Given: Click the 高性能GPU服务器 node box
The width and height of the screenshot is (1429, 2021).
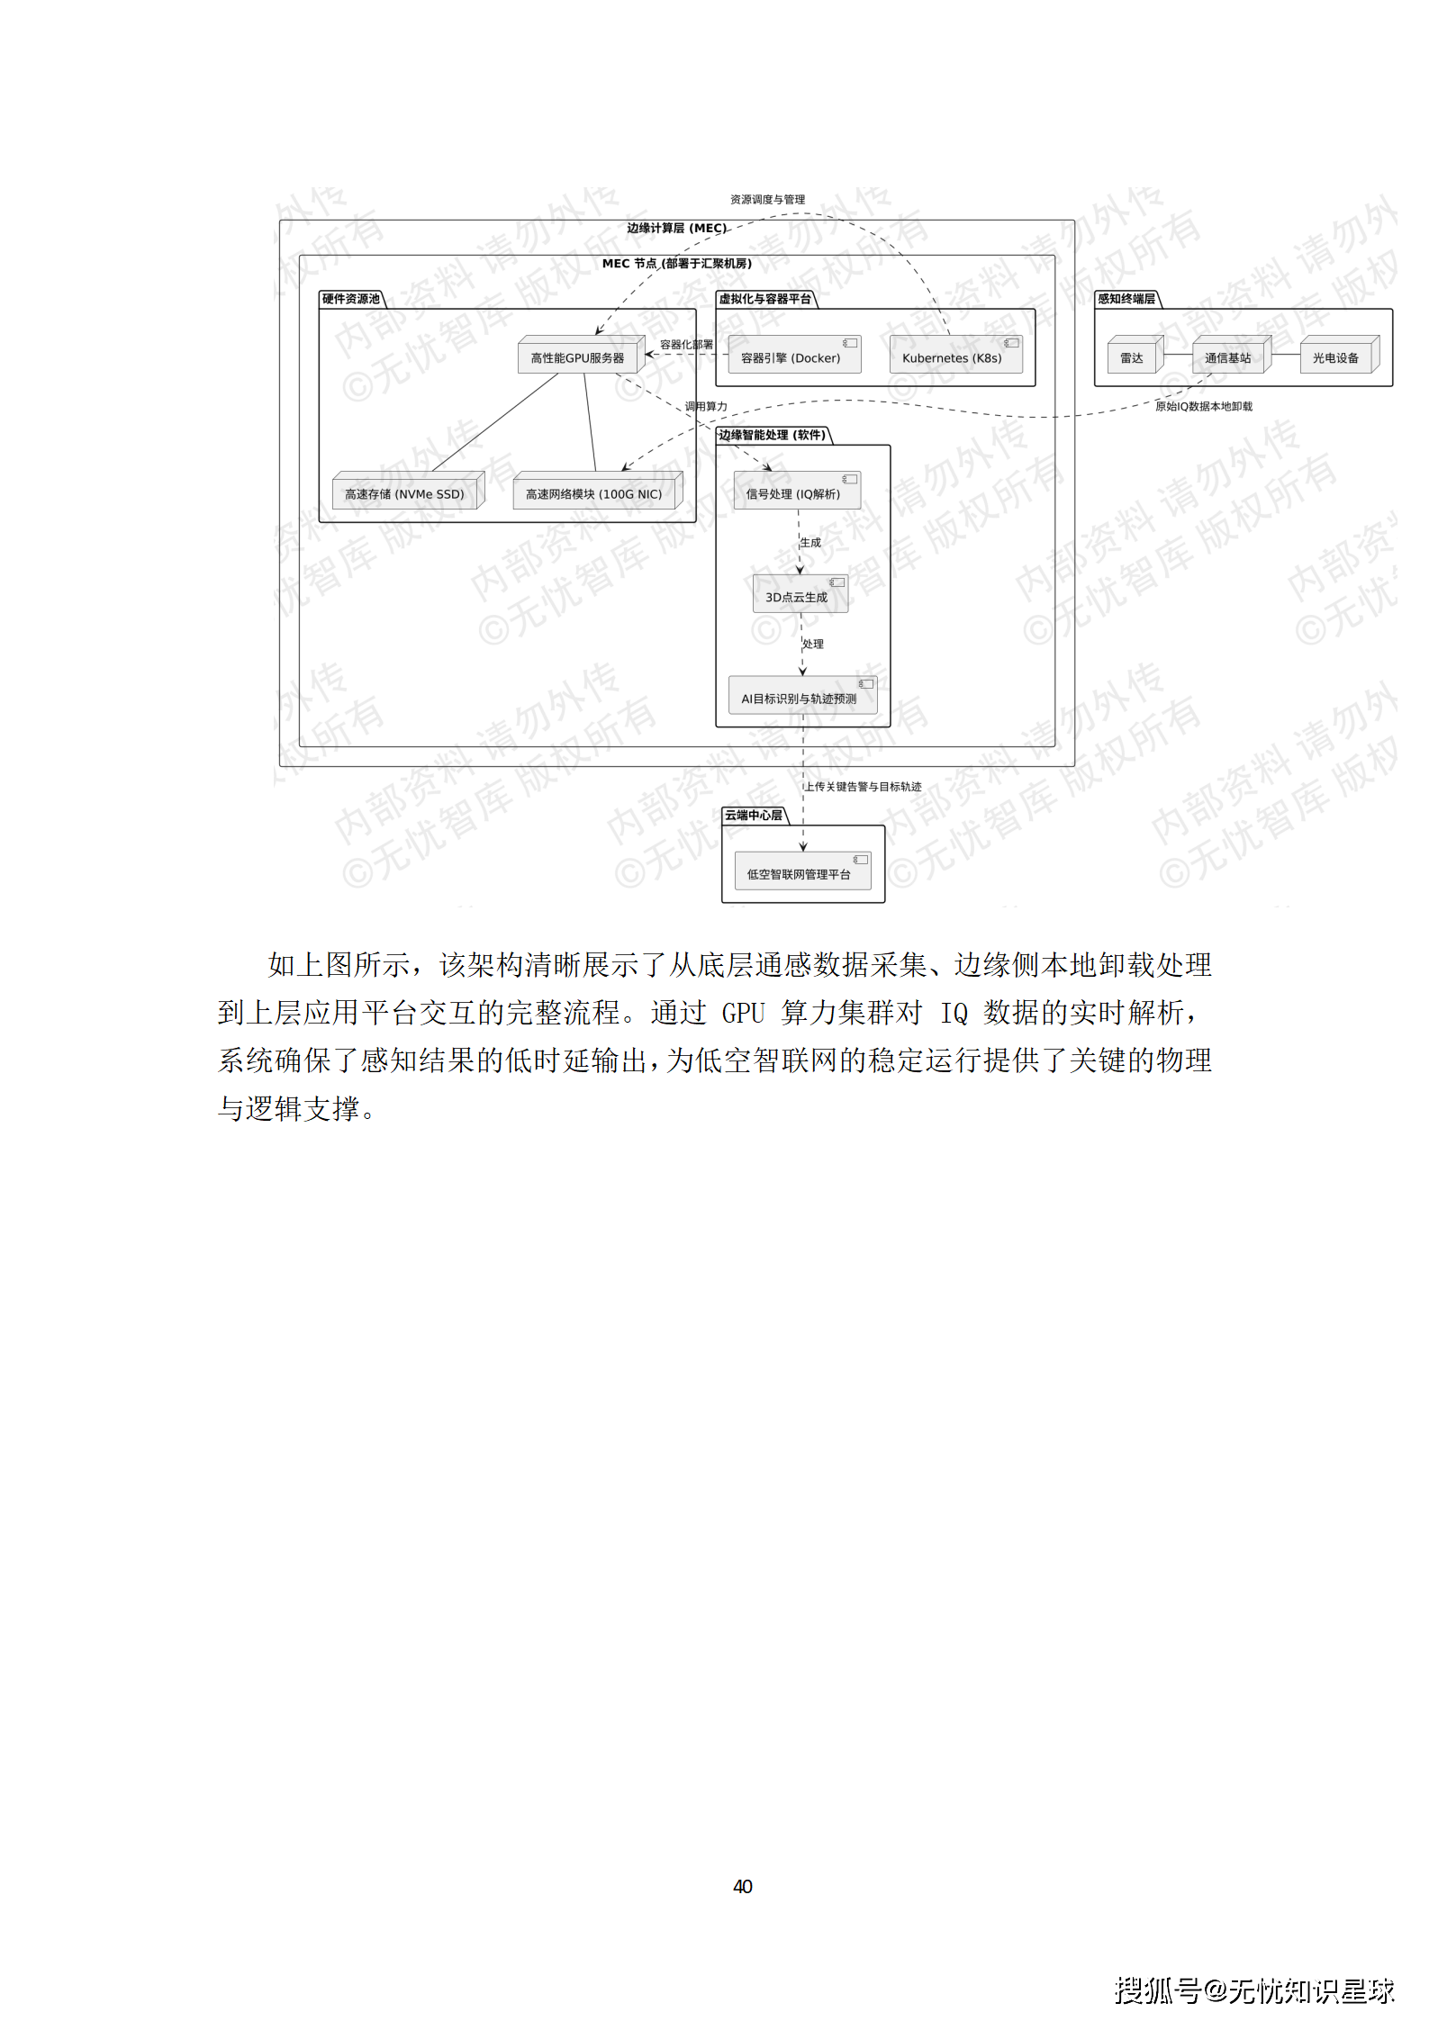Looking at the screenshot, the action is [x=578, y=357].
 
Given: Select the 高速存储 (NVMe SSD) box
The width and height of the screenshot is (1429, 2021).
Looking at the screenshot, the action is [x=405, y=493].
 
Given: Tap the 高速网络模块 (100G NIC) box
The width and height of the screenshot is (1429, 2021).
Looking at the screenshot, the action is [x=594, y=493].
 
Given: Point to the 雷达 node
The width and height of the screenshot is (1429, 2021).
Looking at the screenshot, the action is [x=1132, y=357].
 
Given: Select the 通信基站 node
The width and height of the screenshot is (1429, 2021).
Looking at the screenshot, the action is [x=1228, y=357].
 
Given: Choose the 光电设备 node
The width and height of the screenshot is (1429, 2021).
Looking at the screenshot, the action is [x=1335, y=357].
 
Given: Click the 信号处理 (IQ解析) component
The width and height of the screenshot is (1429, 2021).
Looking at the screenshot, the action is [x=794, y=492].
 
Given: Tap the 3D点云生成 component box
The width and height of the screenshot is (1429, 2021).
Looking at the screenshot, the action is [x=798, y=596].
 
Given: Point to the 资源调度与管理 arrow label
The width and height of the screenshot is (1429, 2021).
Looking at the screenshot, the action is [x=767, y=199].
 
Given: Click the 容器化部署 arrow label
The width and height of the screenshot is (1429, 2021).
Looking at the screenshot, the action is [x=686, y=344].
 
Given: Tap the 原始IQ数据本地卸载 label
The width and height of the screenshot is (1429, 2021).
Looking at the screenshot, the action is [x=1204, y=406].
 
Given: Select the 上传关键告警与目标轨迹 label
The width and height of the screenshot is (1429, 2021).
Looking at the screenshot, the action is [x=863, y=786].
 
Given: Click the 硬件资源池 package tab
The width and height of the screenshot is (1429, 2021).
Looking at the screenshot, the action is [x=351, y=299].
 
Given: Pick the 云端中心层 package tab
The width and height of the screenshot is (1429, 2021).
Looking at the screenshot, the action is [x=755, y=815].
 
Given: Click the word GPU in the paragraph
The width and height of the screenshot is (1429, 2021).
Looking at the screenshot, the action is [x=744, y=1013].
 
